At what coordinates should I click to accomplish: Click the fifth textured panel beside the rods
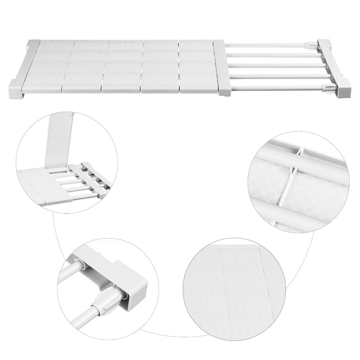(x=197, y=66)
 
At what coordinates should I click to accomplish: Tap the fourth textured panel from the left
(x=160, y=66)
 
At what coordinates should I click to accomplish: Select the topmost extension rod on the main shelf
(x=270, y=45)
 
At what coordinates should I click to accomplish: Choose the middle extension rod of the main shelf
(x=274, y=66)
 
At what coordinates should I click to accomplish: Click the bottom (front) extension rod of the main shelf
(x=279, y=88)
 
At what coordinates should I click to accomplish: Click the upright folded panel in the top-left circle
(x=58, y=139)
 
